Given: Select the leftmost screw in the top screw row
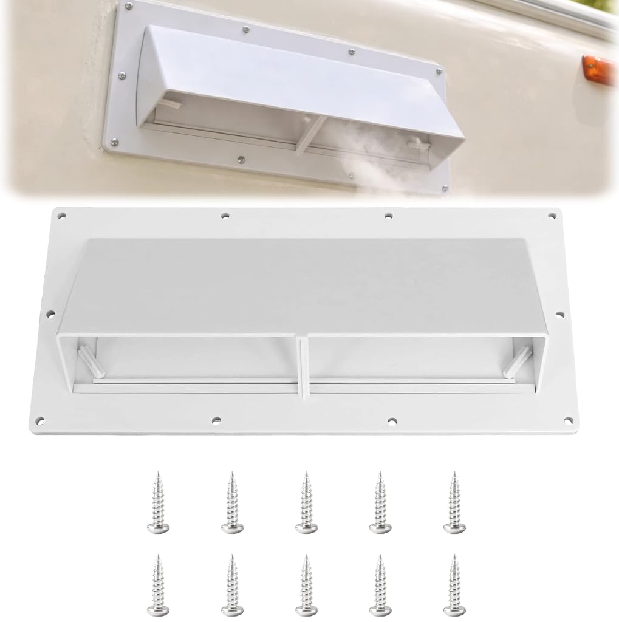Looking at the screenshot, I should click(158, 502).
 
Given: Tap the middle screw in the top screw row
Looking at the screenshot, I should click(306, 502).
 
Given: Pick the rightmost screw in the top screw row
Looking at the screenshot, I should click(454, 502).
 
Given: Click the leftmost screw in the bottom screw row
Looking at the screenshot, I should click(158, 584).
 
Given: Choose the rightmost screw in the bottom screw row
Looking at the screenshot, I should click(454, 584).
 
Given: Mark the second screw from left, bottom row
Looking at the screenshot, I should click(232, 584).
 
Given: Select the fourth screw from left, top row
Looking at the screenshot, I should click(380, 502).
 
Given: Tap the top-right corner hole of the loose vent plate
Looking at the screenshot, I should click(552, 215).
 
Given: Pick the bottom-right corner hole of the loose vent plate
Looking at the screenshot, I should click(568, 420).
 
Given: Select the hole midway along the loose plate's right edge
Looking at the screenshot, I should click(559, 314).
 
